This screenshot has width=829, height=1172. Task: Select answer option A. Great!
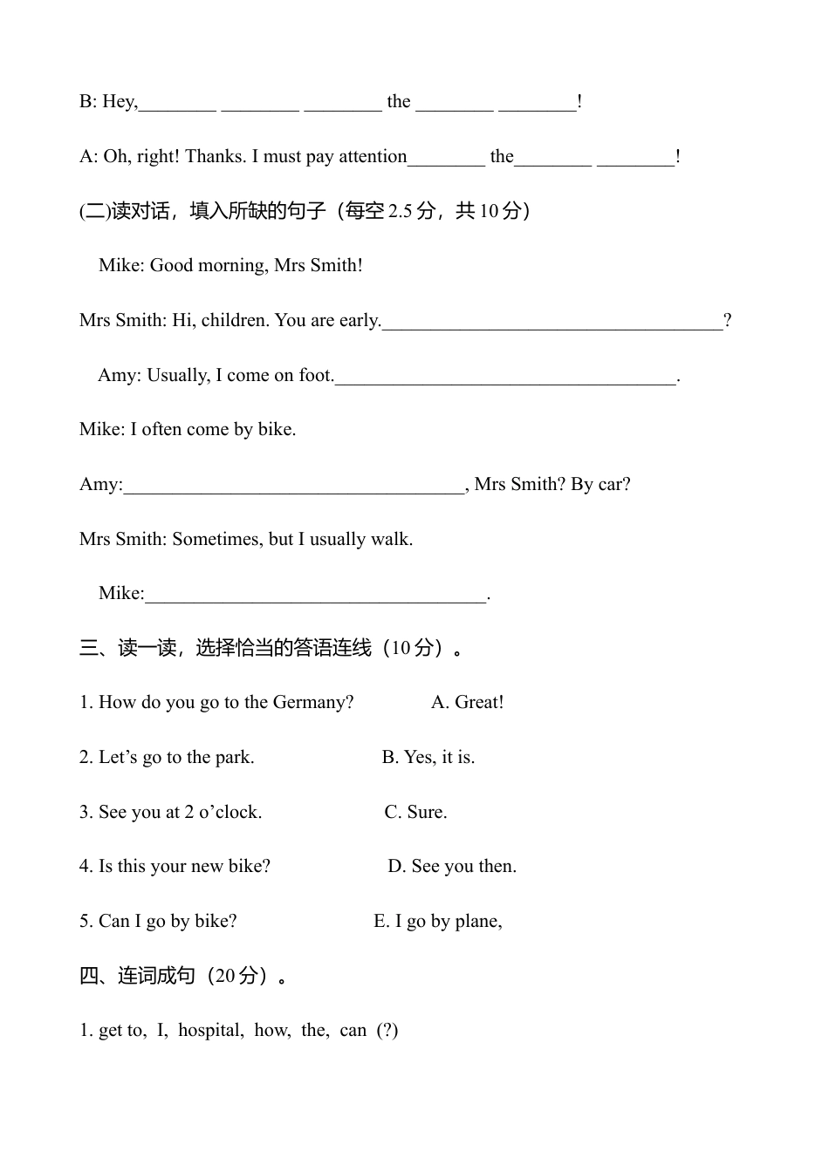tap(468, 703)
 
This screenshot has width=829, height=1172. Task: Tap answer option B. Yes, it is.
tap(428, 758)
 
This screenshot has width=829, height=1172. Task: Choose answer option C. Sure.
tap(415, 813)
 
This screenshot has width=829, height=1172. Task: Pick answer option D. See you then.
tap(452, 867)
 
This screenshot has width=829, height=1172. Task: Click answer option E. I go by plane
tap(437, 922)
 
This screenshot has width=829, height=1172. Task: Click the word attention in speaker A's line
tap(373, 157)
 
